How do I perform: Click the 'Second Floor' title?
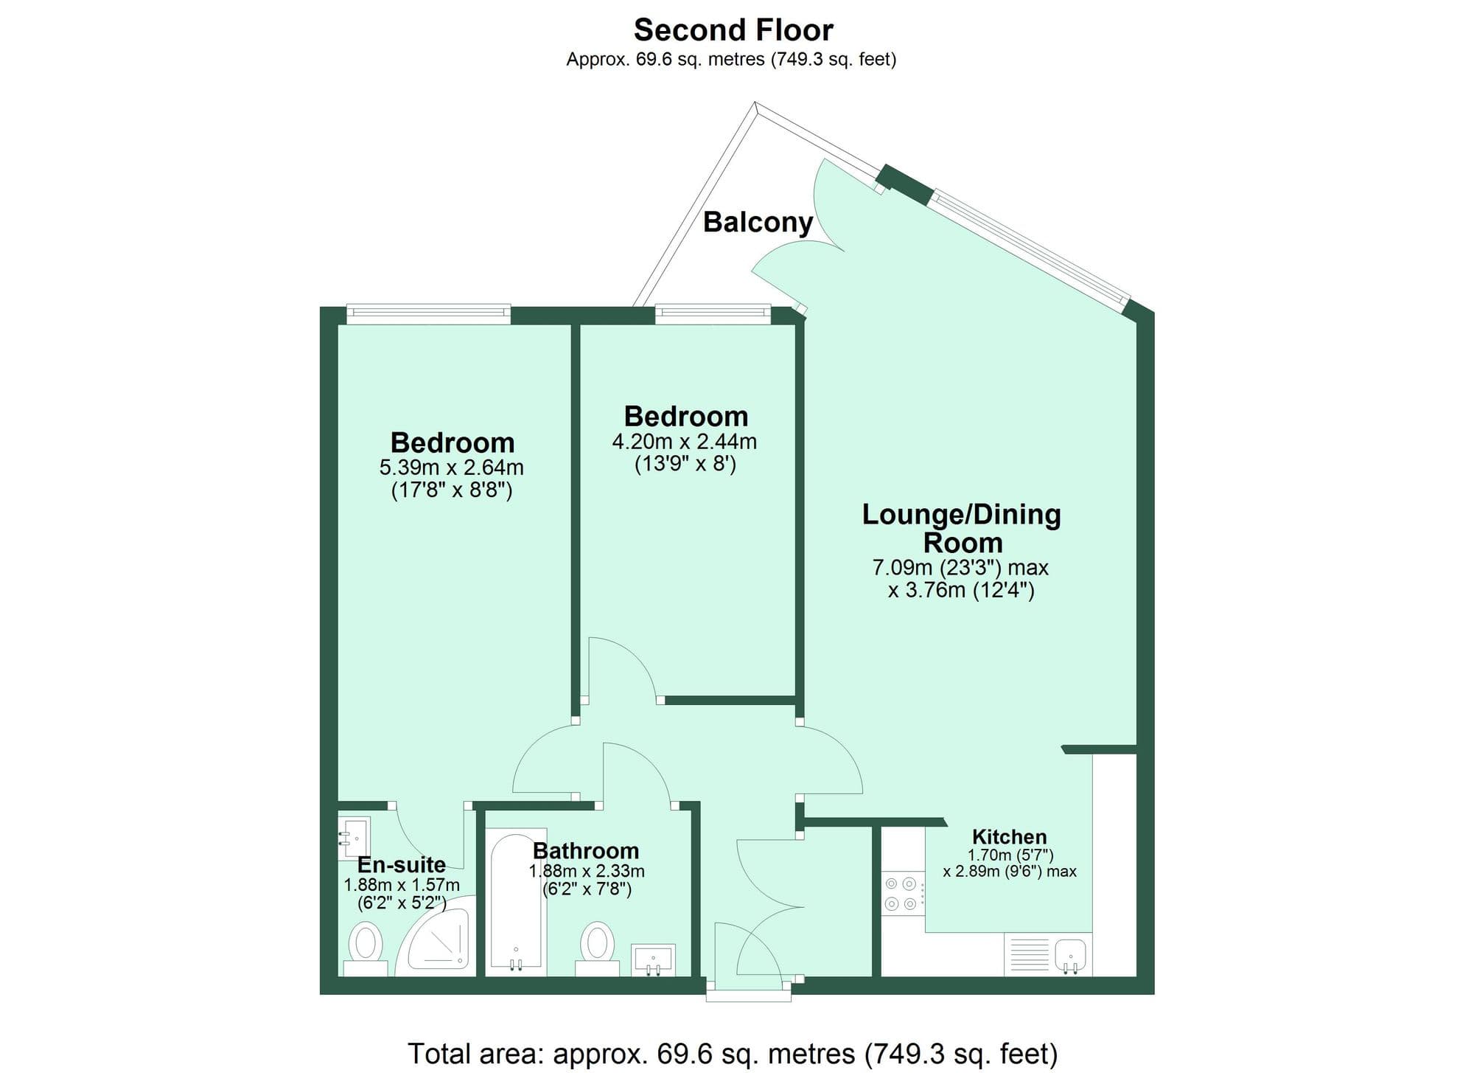click(733, 30)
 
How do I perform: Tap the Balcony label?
click(758, 222)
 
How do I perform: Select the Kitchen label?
click(1009, 837)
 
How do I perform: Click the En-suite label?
click(402, 864)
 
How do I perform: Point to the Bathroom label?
click(586, 851)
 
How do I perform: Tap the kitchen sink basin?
click(1070, 953)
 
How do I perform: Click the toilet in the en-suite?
click(365, 946)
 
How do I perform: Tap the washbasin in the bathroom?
click(654, 959)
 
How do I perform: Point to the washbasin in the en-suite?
click(354, 838)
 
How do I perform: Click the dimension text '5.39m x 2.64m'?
click(451, 468)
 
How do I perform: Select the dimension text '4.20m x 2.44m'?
click(685, 442)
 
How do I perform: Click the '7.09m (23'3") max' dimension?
click(960, 568)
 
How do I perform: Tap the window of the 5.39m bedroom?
click(428, 315)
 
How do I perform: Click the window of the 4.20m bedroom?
click(713, 315)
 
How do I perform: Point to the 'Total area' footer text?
click(733, 1053)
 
